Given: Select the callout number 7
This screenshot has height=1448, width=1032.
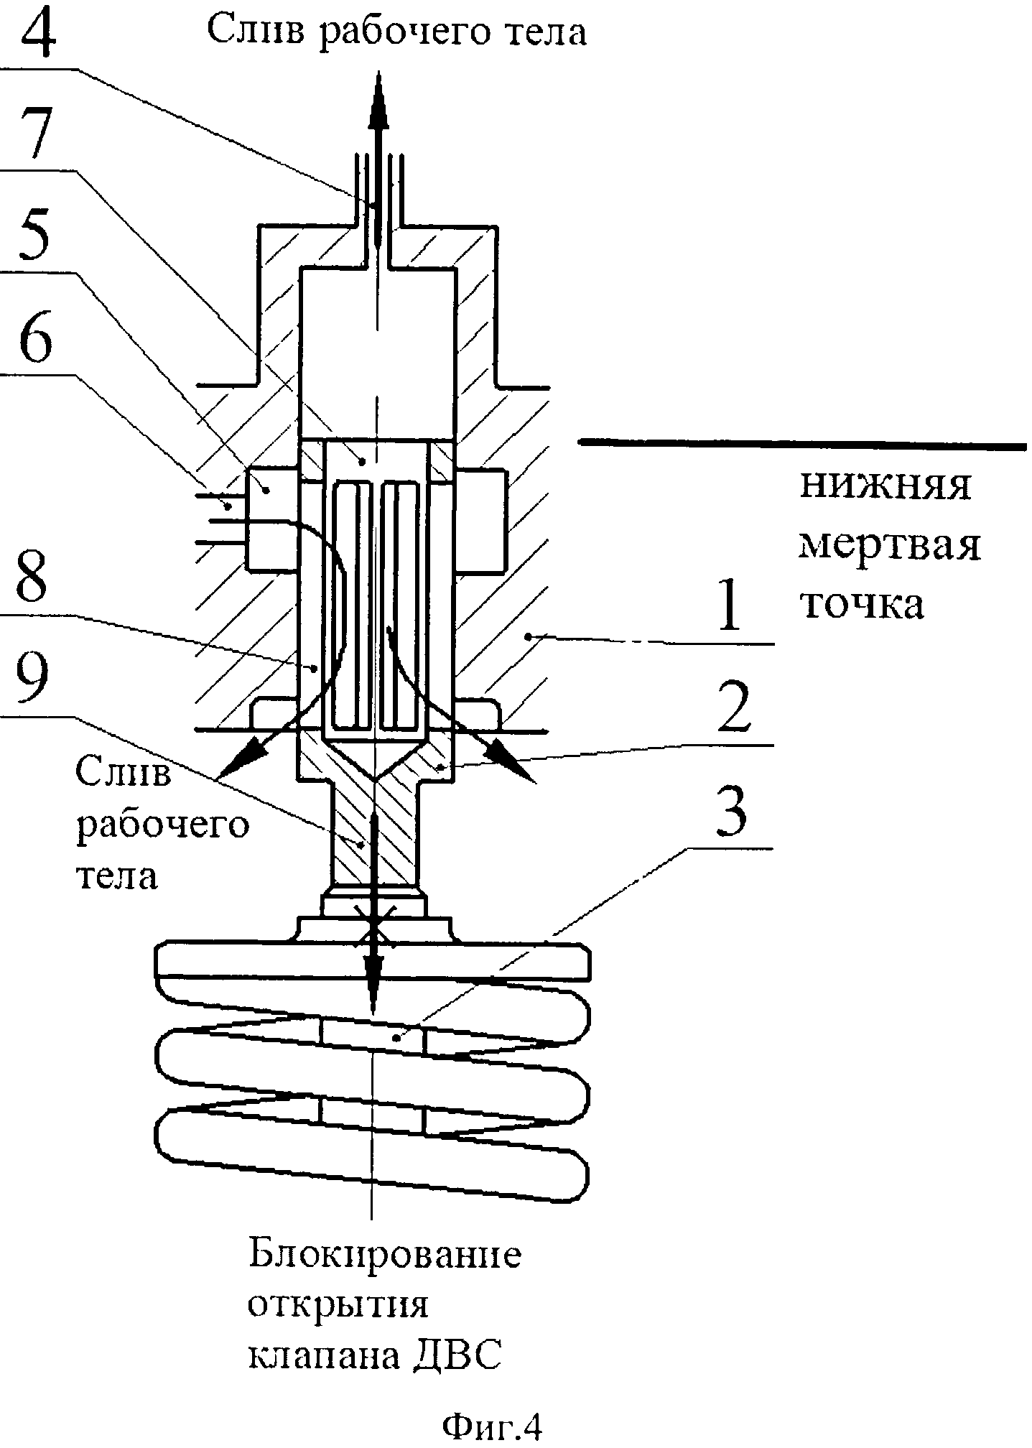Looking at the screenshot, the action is pyautogui.click(x=35, y=134).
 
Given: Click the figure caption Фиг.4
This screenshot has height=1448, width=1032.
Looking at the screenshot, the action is pyautogui.click(x=492, y=1425).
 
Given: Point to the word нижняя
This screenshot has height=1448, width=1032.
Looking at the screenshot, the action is pyautogui.click(x=885, y=486).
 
